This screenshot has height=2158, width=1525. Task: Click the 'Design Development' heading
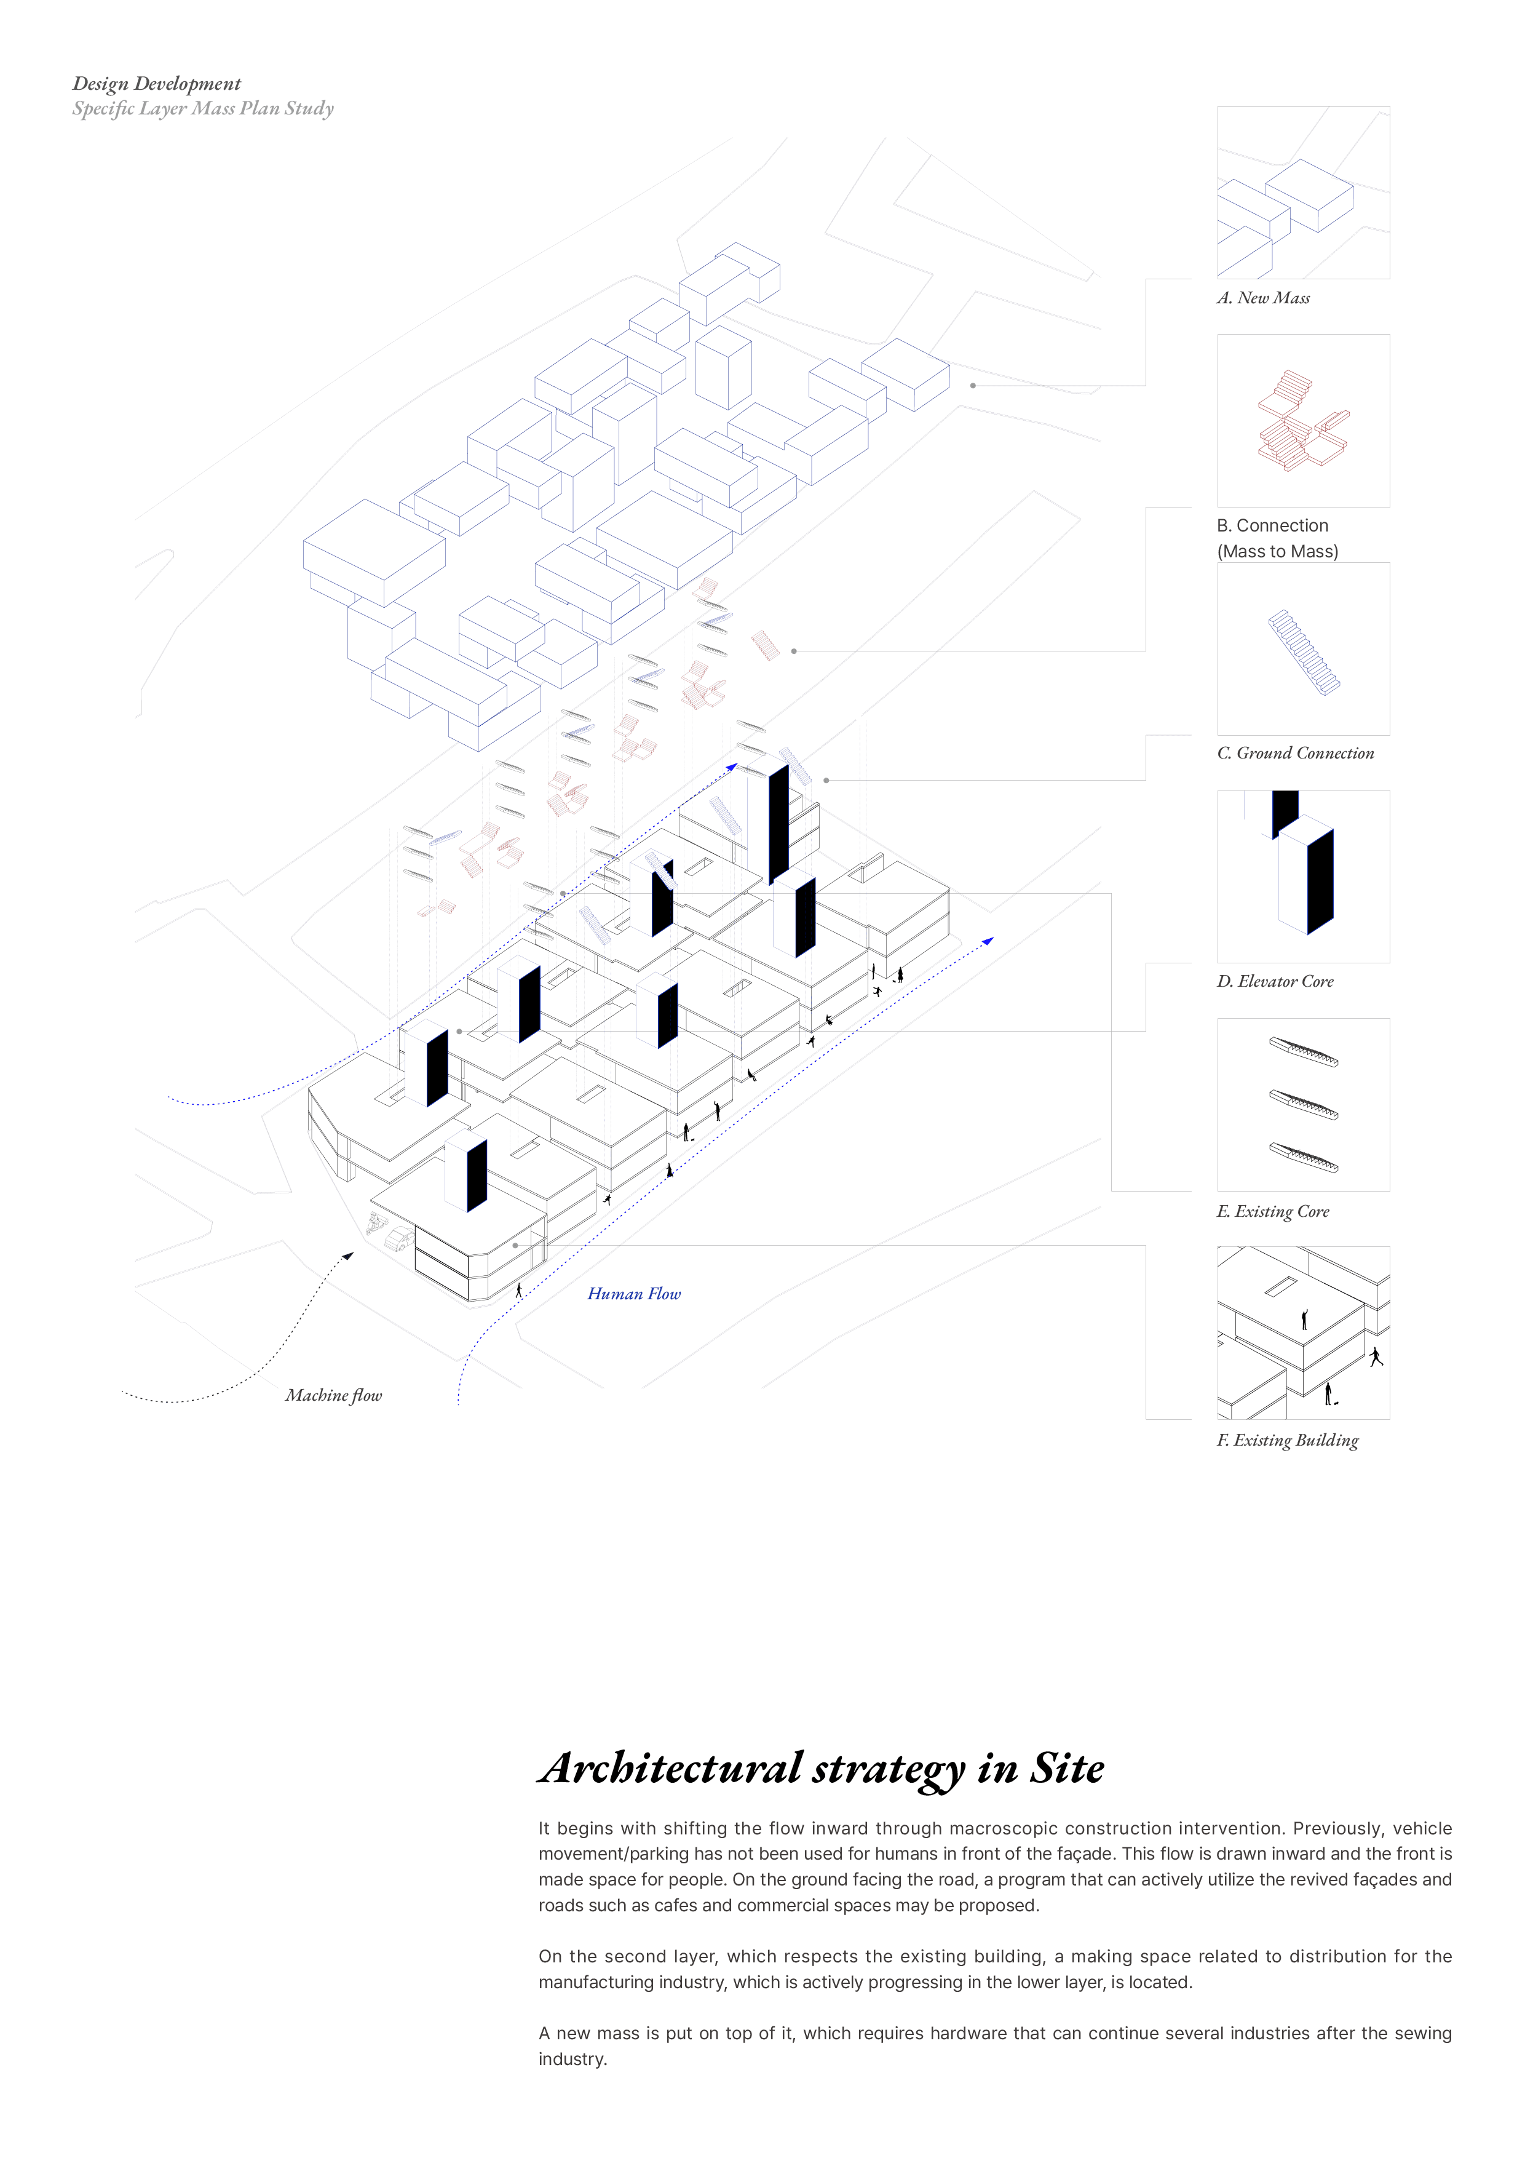coord(156,84)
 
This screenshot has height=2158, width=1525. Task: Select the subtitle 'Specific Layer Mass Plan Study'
coord(203,108)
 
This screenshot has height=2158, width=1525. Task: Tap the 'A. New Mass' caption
coord(1263,298)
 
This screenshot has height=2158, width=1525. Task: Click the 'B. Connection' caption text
coord(1272,525)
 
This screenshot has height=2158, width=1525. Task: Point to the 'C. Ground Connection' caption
coord(1295,753)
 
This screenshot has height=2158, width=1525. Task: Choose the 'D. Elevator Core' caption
coord(1275,981)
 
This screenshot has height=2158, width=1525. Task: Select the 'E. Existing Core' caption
coord(1273,1211)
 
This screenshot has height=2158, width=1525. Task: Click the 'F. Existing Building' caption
coord(1287,1440)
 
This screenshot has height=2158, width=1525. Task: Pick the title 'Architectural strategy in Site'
coord(822,1769)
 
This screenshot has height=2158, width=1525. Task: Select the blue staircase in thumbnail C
coord(1304,652)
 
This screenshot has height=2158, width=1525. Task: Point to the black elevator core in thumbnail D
coord(1319,881)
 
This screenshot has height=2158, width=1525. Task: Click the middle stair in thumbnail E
coord(1303,1104)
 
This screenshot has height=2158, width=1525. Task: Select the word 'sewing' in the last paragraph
coord(1422,2033)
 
